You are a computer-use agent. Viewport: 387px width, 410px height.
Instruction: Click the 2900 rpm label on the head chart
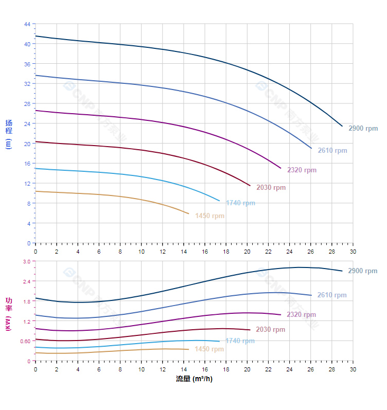pos(363,129)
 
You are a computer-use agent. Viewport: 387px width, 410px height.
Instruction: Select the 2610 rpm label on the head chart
pos(332,151)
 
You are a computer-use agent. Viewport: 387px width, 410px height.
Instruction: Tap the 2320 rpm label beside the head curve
pos(302,170)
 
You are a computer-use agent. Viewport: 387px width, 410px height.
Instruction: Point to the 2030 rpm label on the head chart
pos(271,188)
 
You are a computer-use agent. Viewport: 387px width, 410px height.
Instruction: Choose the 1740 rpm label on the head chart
pos(240,203)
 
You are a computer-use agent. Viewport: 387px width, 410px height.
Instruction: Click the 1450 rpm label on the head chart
pos(209,216)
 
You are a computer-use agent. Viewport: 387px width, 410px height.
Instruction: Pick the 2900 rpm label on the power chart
pos(362,271)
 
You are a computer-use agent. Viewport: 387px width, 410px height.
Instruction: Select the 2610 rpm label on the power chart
pos(332,295)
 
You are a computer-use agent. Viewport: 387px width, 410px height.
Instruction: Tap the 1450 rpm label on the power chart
pos(209,349)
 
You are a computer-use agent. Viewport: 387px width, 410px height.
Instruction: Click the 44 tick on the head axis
pos(27,24)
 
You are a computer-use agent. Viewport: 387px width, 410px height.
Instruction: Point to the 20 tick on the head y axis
pos(27,144)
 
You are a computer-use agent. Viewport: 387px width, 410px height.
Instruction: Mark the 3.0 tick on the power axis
pos(27,261)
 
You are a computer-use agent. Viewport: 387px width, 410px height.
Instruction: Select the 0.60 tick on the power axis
pos(26,341)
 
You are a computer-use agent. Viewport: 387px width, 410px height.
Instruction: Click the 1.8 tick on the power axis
pos(27,301)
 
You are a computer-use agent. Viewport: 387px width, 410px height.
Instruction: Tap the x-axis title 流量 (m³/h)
pos(194,379)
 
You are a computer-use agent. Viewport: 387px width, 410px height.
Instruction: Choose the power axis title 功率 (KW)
pos(8,314)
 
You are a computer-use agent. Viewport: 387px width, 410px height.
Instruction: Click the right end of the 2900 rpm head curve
pos(342,126)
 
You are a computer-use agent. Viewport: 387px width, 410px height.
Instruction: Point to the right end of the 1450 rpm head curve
pos(189,213)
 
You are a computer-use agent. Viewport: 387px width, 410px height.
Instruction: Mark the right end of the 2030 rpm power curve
pos(250,330)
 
